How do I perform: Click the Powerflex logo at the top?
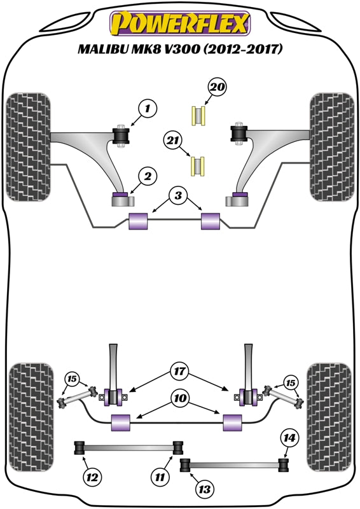[x=180, y=24]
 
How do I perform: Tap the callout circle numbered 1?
[x=147, y=110]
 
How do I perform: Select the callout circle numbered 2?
[x=147, y=175]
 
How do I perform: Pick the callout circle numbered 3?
[x=179, y=195]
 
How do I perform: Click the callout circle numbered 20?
[x=218, y=87]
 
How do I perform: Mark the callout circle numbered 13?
[x=205, y=489]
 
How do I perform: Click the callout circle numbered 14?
[x=289, y=437]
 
